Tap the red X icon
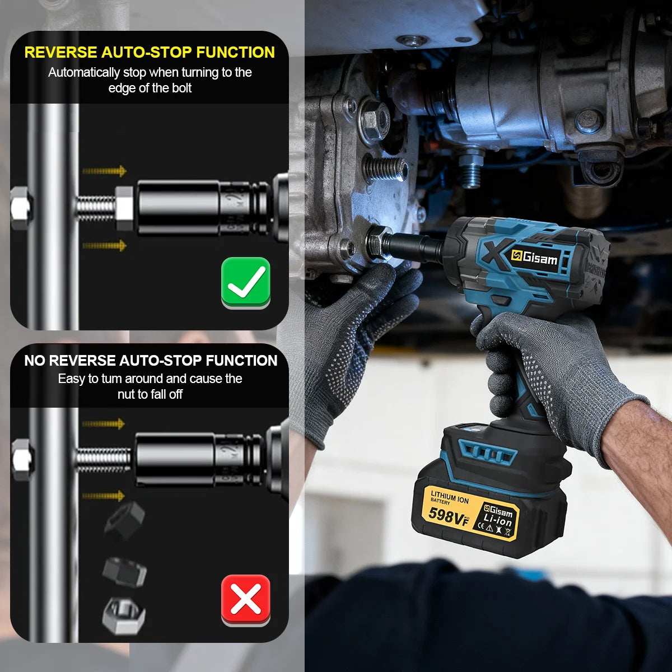pyautogui.click(x=246, y=599)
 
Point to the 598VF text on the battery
pyautogui.click(x=448, y=515)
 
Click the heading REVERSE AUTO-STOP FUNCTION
pyautogui.click(x=150, y=53)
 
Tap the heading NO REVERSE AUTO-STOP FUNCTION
pyautogui.click(x=151, y=361)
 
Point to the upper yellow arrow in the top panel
pyautogui.click(x=105, y=171)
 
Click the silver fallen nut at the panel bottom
pyautogui.click(x=124, y=615)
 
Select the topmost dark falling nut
pyautogui.click(x=124, y=520)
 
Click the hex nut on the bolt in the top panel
pyautogui.click(x=124, y=208)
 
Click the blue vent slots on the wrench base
pyautogui.click(x=487, y=451)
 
